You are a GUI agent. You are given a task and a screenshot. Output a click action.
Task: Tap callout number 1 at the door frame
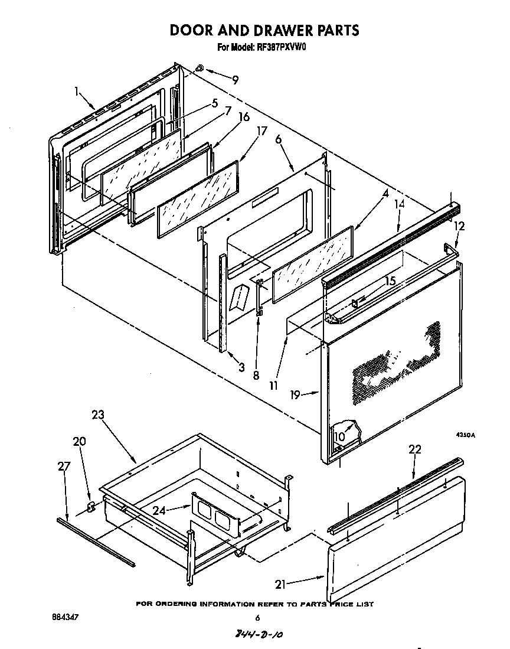pyautogui.click(x=77, y=91)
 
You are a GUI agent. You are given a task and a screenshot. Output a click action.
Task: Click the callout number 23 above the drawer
pyautogui.click(x=97, y=415)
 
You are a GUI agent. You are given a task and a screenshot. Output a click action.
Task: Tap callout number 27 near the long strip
pyautogui.click(x=63, y=467)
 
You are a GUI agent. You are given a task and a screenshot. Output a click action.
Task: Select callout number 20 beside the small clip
pyautogui.click(x=79, y=441)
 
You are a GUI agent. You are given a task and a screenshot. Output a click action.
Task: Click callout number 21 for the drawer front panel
pyautogui.click(x=282, y=585)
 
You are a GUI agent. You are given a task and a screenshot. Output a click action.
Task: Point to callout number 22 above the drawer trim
pyautogui.click(x=415, y=449)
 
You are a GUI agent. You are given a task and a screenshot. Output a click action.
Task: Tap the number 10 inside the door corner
pyautogui.click(x=339, y=436)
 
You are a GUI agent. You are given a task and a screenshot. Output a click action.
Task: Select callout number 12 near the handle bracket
pyautogui.click(x=459, y=226)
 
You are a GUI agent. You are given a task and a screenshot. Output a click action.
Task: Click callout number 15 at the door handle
pyautogui.click(x=390, y=282)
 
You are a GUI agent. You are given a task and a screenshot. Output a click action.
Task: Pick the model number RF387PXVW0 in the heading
pyautogui.click(x=277, y=48)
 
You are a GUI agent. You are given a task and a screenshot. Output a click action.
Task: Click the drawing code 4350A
pyautogui.click(x=465, y=435)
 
